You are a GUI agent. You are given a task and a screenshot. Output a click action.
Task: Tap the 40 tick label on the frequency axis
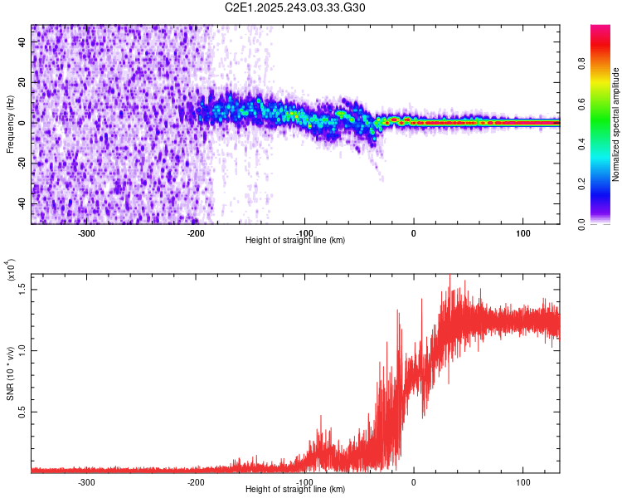point(23,41)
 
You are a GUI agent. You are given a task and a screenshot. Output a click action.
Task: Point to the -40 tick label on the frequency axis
point(23,203)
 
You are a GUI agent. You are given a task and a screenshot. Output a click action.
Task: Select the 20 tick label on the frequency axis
point(23,82)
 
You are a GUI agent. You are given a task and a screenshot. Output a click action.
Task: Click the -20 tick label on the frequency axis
point(23,164)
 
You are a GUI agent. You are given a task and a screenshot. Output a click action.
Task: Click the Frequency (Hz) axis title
point(10,124)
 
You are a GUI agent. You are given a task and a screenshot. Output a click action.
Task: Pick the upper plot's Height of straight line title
point(295,240)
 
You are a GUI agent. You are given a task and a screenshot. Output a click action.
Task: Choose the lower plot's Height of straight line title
point(295,489)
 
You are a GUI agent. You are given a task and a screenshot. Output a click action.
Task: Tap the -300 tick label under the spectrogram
point(87,232)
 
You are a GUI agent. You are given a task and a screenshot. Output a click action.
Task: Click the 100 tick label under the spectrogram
point(522,232)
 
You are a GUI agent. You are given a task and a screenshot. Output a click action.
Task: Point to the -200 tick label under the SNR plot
point(196,481)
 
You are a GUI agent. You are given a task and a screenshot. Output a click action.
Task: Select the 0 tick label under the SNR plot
point(414,481)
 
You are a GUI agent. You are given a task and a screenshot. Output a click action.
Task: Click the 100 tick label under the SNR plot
point(522,481)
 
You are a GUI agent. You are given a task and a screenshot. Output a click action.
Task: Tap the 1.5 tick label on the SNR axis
point(23,287)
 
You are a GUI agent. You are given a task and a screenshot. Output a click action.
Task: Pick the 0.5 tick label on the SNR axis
point(23,412)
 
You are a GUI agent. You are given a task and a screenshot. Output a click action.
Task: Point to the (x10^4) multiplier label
point(12,271)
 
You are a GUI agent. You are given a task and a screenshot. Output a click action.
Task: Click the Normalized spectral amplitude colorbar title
point(616,124)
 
